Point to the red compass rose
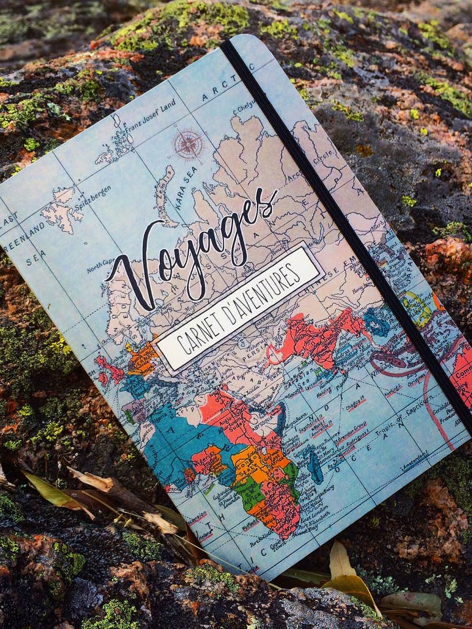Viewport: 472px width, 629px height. [x=188, y=144]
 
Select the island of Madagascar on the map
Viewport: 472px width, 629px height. [x=315, y=465]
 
